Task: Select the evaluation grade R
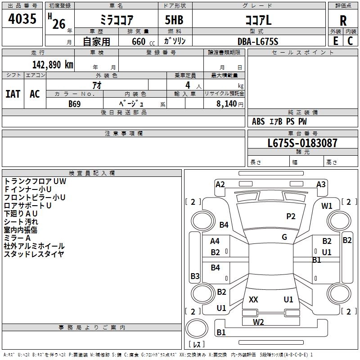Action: [x=343, y=20]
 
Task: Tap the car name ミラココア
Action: [x=116, y=20]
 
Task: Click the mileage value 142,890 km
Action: [x=52, y=64]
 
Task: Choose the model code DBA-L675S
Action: [x=258, y=41]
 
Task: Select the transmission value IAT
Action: [x=13, y=94]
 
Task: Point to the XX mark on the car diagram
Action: [x=253, y=300]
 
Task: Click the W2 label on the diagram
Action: [x=258, y=322]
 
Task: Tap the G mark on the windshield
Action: [x=284, y=237]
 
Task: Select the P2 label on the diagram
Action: [x=291, y=216]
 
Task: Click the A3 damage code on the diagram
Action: [x=321, y=184]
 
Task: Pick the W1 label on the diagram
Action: [x=327, y=206]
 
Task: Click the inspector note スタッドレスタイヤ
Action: [x=34, y=254]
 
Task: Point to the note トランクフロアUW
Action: [x=35, y=181]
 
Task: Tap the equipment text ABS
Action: [x=258, y=121]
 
